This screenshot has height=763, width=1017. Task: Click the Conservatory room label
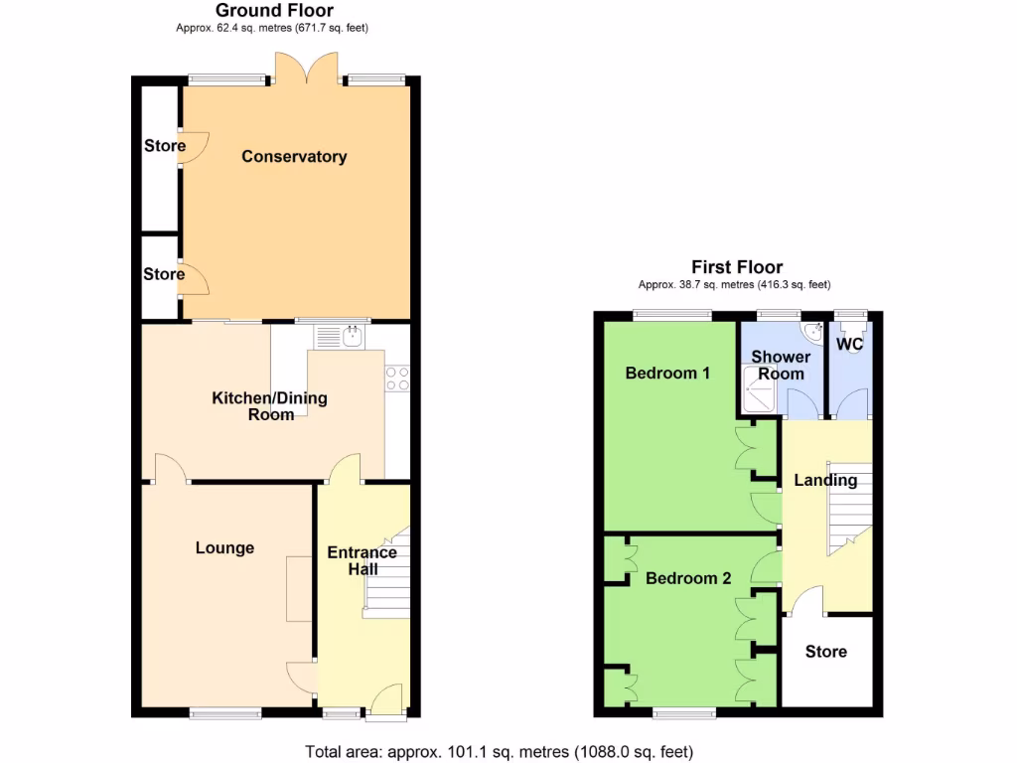click(294, 157)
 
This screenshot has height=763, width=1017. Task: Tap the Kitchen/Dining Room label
click(269, 406)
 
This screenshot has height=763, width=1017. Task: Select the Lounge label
click(224, 548)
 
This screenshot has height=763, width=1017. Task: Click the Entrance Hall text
click(362, 560)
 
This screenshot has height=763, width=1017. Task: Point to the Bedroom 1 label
click(667, 374)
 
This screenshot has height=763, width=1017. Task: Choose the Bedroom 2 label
click(688, 578)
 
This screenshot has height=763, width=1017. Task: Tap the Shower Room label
click(781, 365)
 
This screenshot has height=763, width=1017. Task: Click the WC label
click(850, 345)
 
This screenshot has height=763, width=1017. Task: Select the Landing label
click(825, 481)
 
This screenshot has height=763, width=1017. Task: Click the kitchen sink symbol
click(352, 338)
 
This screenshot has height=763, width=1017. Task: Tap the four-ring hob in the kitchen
click(397, 379)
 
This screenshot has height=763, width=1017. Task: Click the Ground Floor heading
click(275, 10)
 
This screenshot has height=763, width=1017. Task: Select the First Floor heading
click(737, 267)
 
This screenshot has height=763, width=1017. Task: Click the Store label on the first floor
click(825, 652)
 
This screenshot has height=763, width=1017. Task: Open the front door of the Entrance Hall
click(385, 699)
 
